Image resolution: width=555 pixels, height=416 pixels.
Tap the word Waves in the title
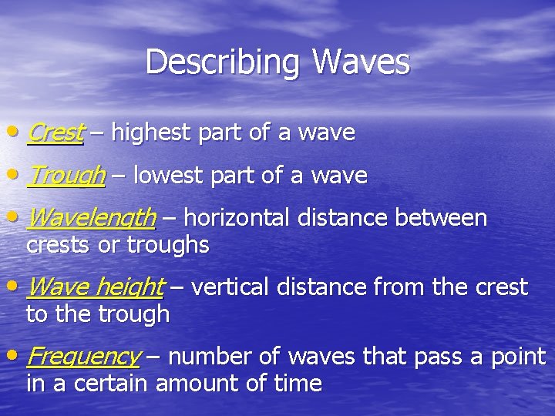(x=361, y=62)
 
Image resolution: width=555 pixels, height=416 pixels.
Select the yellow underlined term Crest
(x=55, y=133)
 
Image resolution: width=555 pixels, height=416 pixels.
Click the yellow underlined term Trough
(x=66, y=176)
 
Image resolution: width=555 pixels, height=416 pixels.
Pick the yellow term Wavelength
(x=91, y=219)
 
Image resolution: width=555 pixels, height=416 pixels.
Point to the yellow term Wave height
(x=95, y=288)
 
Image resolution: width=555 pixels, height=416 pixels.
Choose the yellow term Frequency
(x=82, y=357)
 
